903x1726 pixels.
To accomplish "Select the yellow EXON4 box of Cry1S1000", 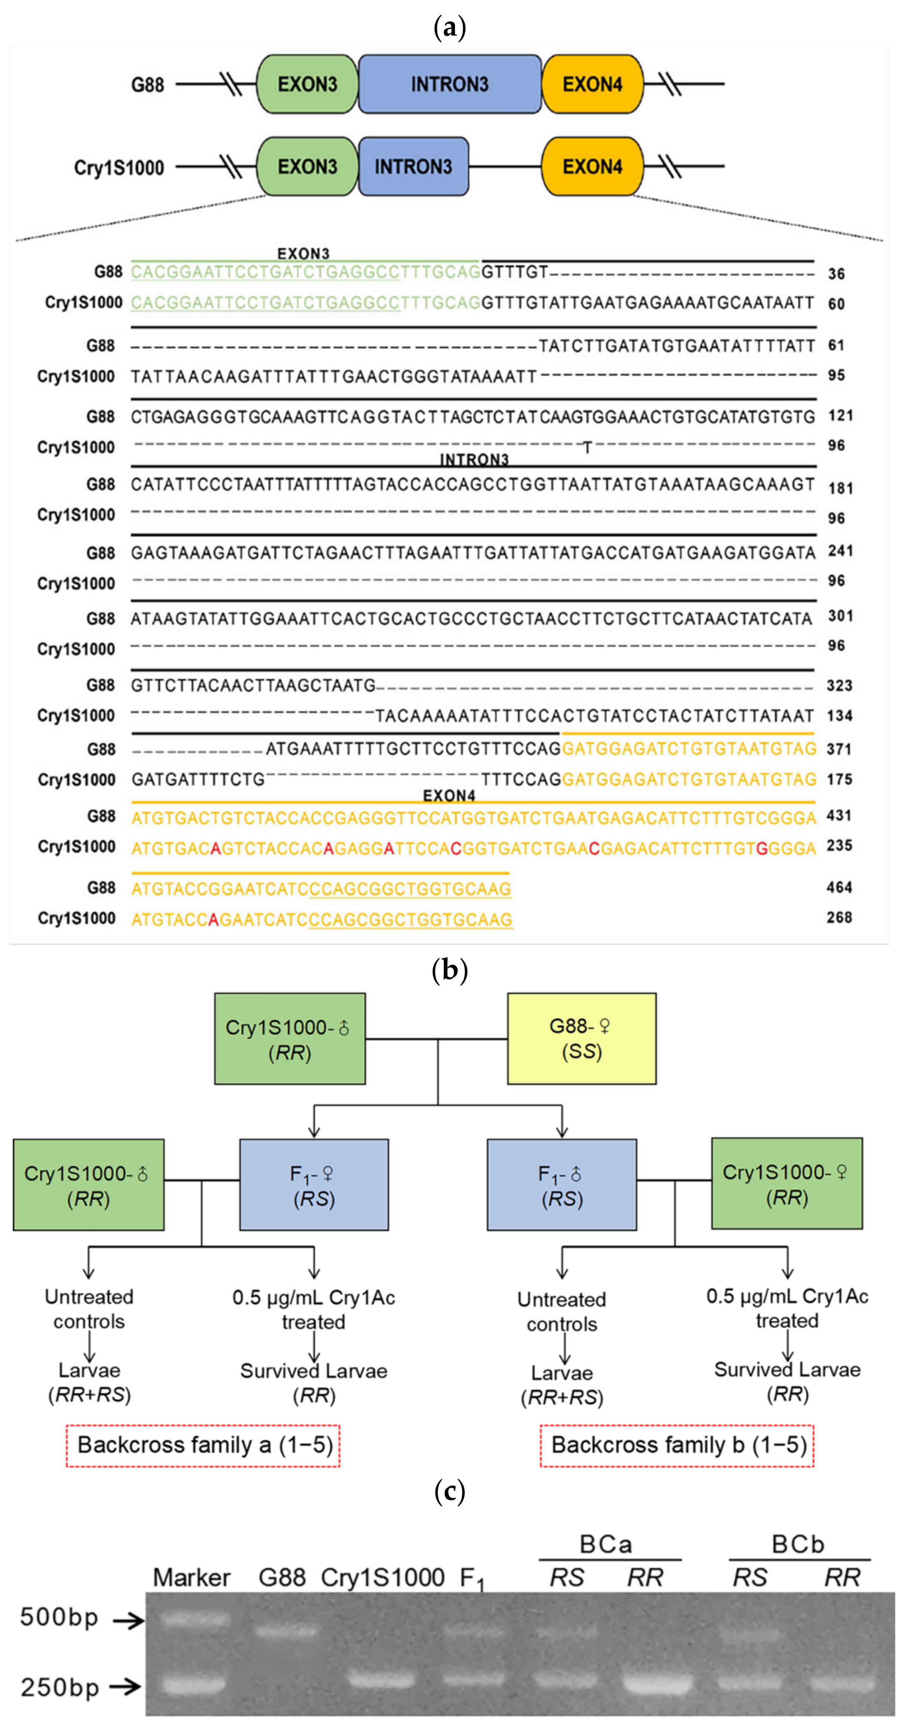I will tap(592, 166).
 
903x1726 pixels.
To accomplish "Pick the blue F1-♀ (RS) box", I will tap(314, 1185).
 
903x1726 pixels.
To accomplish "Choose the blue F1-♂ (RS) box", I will tap(562, 1185).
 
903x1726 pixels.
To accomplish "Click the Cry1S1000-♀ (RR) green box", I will tap(786, 1184).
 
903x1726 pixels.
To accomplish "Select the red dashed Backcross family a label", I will tap(203, 1445).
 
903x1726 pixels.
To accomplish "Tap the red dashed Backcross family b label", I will tap(677, 1445).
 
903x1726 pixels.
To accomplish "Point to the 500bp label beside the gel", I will tap(59, 1617).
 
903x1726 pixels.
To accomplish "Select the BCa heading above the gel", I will tap(605, 1544).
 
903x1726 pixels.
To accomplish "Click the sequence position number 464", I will tap(839, 887).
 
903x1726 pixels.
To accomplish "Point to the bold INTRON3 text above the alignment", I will tap(474, 459).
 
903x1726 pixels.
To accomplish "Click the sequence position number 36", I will tap(836, 273).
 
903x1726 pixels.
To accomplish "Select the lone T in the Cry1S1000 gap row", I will tap(587, 447).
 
